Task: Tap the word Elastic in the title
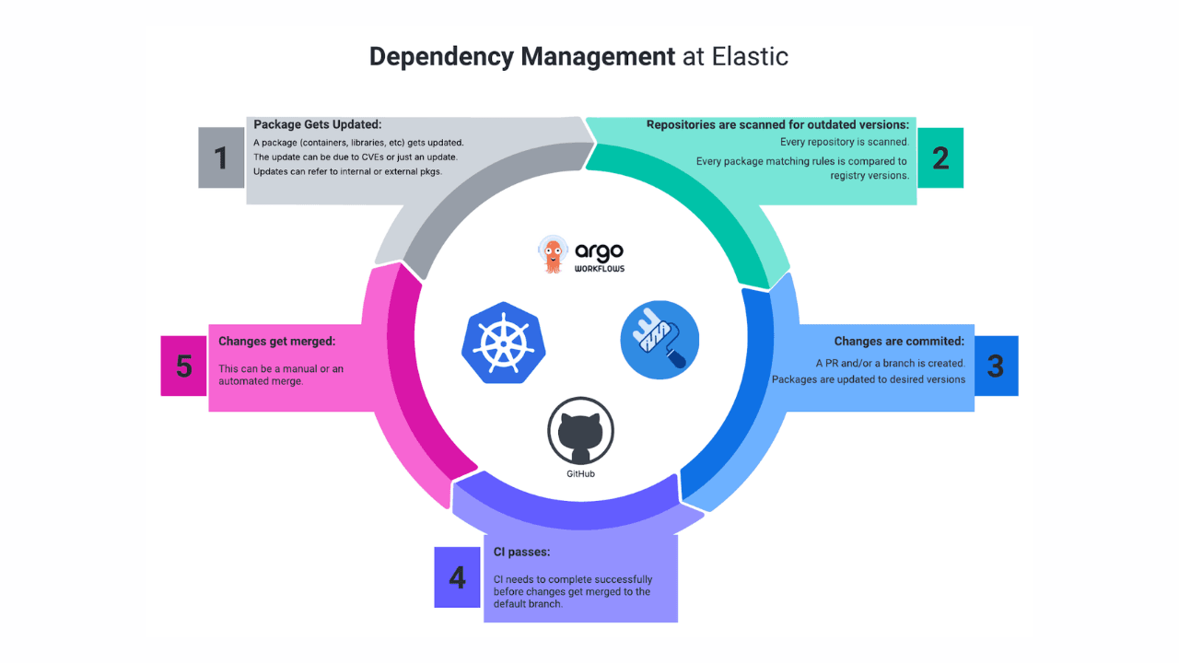point(750,56)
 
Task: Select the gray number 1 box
point(221,157)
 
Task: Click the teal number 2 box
point(940,157)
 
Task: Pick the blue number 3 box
point(996,366)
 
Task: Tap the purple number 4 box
point(458,577)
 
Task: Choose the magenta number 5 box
point(184,366)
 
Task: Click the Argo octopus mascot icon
point(553,254)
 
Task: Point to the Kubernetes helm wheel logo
point(503,342)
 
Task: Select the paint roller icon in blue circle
point(660,340)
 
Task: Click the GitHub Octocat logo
point(580,431)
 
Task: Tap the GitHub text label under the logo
point(580,473)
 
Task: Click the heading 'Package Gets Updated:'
point(317,124)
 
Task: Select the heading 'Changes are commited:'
point(899,342)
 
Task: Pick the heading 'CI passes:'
point(521,552)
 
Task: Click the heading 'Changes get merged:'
point(276,342)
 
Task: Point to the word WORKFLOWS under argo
point(599,269)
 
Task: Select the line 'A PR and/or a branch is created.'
point(890,363)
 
